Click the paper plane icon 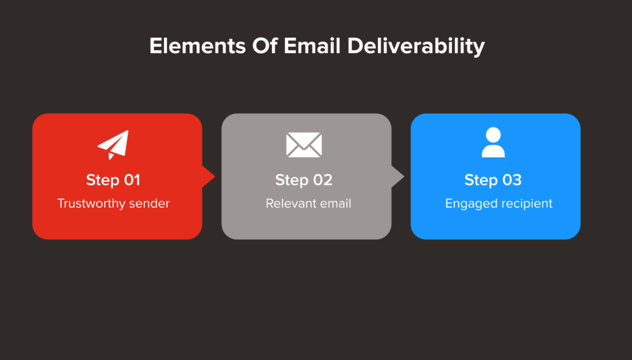(113, 144)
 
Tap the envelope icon (304, 144)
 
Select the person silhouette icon (493, 143)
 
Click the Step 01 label (113, 180)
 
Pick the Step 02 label (304, 180)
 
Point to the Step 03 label (493, 180)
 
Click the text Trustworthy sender (113, 203)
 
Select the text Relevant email (308, 203)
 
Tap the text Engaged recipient (499, 203)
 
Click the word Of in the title (258, 46)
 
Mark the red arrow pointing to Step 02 (208, 177)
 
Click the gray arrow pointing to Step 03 (398, 177)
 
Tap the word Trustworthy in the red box (92, 203)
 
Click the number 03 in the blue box (512, 180)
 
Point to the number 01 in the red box (132, 180)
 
